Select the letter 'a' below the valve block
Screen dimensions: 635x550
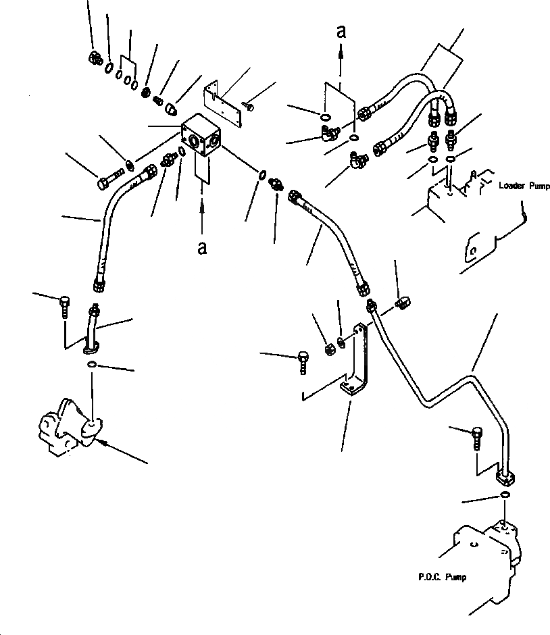point(201,248)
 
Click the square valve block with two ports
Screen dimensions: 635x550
point(202,141)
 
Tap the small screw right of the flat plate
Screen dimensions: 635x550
point(249,105)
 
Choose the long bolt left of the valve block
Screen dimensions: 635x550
point(109,180)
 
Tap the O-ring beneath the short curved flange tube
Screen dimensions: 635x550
point(91,365)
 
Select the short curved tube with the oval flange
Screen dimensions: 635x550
point(93,328)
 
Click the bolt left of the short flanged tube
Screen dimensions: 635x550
point(64,305)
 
